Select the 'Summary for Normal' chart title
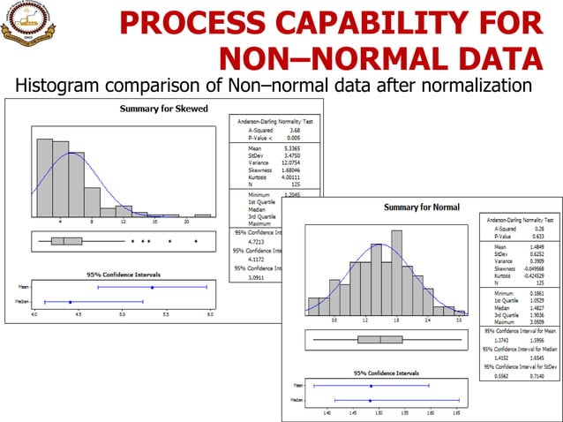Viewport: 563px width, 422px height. click(x=421, y=207)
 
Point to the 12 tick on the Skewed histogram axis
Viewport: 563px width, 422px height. click(x=123, y=222)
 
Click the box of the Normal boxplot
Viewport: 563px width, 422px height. click(x=380, y=339)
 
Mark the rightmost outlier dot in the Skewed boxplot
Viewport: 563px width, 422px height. click(x=195, y=240)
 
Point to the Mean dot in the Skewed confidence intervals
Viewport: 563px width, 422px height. click(x=152, y=287)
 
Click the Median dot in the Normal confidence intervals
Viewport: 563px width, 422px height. click(x=371, y=400)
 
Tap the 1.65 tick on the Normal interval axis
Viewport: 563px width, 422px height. click(x=456, y=412)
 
